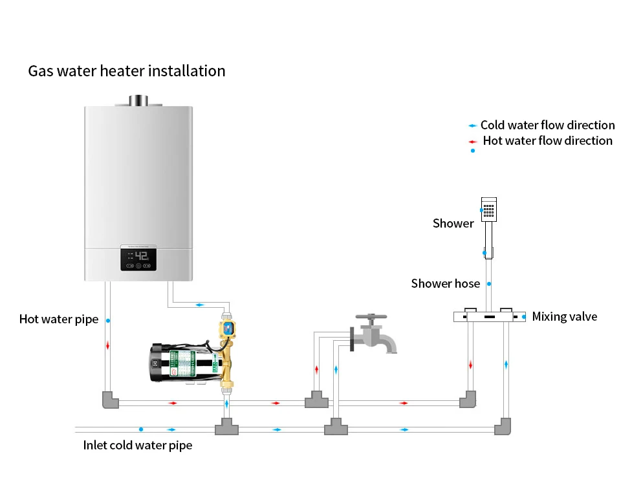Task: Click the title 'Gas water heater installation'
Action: (x=127, y=71)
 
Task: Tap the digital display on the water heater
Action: (x=138, y=259)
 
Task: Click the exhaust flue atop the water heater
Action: (x=138, y=101)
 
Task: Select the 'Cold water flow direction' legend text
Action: (x=547, y=125)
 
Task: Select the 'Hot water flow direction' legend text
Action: (x=547, y=140)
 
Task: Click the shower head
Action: (x=489, y=210)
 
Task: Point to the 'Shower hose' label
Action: (x=445, y=283)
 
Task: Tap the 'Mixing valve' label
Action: (x=564, y=317)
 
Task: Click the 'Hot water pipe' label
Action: (x=59, y=319)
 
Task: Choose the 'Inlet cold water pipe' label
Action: (x=137, y=445)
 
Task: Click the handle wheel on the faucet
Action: (x=371, y=317)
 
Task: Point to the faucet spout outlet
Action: (x=391, y=351)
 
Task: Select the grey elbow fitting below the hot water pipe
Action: (x=111, y=400)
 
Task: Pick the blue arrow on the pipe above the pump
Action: (x=200, y=305)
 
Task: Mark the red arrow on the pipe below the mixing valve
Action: (x=470, y=365)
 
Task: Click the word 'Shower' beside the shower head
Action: (x=453, y=223)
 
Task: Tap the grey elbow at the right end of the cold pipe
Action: (x=503, y=426)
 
